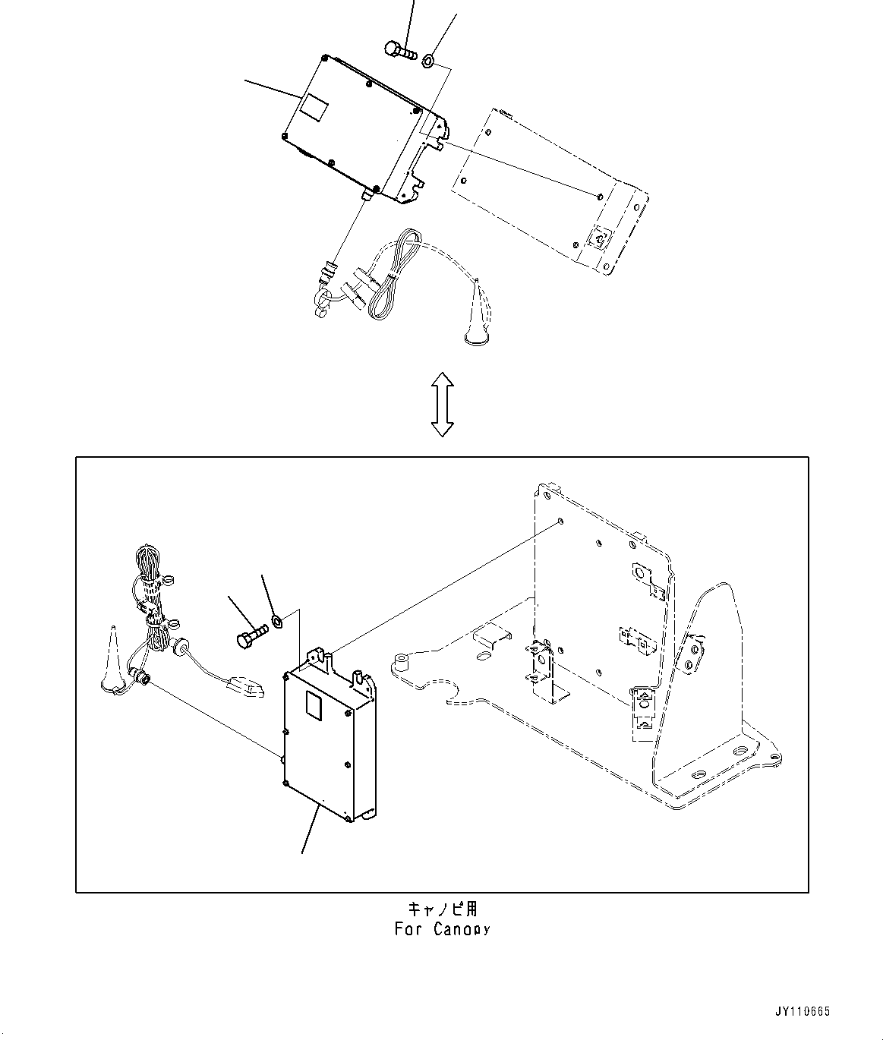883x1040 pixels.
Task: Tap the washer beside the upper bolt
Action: tap(428, 58)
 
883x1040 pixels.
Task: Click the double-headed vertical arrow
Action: tap(442, 405)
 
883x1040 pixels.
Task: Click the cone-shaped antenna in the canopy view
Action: tap(112, 660)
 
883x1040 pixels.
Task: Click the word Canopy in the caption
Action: tap(462, 929)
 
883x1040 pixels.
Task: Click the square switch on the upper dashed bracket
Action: tap(599, 239)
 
